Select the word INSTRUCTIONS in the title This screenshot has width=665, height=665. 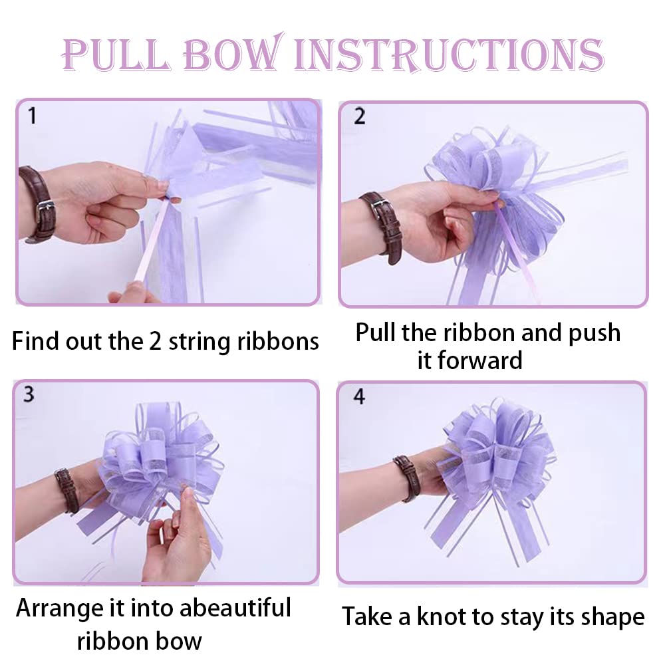[449, 55]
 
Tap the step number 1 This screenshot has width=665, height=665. [32, 116]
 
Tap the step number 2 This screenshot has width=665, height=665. [359, 116]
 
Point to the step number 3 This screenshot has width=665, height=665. [29, 394]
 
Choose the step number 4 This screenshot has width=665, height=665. [359, 396]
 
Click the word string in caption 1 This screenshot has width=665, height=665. [200, 342]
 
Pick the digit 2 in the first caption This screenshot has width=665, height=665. [155, 341]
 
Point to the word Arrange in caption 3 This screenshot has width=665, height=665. [60, 609]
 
